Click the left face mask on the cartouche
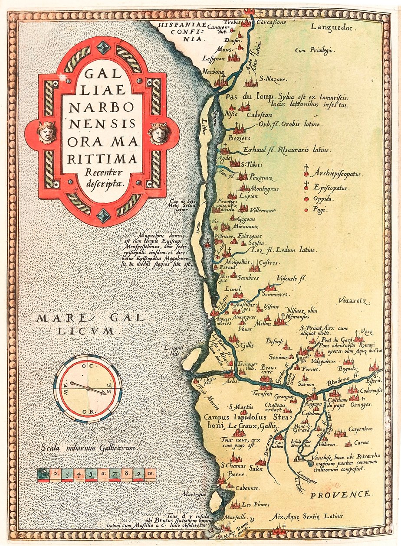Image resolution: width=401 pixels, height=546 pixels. (47, 132)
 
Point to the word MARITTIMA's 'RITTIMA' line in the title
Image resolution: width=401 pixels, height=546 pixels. (102, 159)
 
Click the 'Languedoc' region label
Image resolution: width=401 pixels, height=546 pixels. (333, 27)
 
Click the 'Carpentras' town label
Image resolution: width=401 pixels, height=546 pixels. (360, 429)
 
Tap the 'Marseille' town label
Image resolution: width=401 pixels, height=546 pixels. (235, 517)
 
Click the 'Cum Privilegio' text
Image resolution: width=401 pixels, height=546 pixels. (314, 50)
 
